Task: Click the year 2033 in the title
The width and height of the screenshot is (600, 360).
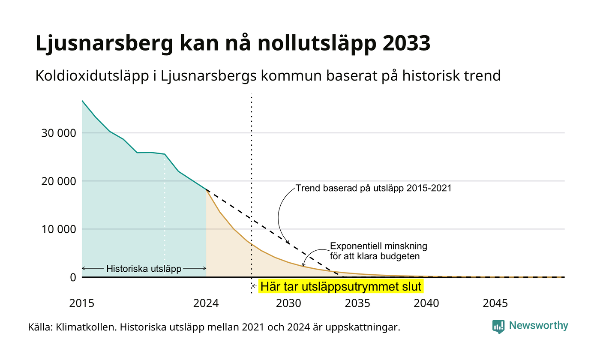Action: [406, 43]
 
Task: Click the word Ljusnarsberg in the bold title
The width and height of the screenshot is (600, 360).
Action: [105, 45]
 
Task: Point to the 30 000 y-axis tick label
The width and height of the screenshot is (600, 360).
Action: [59, 133]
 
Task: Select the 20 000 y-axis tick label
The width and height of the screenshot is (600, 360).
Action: [59, 181]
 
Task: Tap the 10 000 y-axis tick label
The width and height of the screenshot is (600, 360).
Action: [59, 229]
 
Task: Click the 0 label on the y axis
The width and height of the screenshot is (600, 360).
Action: [73, 278]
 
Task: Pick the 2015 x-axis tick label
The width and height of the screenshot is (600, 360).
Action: [82, 303]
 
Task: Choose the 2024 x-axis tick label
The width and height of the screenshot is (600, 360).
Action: [206, 303]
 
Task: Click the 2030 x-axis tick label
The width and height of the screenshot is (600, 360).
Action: [289, 303]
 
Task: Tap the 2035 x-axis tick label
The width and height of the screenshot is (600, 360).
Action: [357, 303]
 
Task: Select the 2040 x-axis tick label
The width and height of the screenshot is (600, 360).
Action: [426, 303]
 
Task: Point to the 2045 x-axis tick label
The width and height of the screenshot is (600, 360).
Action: [495, 303]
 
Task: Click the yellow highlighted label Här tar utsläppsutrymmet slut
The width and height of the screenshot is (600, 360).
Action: [341, 286]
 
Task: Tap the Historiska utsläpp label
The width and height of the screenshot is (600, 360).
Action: [144, 269]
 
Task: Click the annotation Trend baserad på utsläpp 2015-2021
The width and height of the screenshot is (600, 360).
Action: [374, 188]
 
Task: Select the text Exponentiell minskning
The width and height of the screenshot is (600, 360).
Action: [378, 246]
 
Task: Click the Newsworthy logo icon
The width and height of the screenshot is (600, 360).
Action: [498, 327]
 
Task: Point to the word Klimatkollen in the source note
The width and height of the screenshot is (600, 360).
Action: [87, 327]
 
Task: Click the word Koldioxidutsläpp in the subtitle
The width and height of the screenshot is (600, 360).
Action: [92, 76]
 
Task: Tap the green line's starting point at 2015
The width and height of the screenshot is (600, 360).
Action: [82, 101]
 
